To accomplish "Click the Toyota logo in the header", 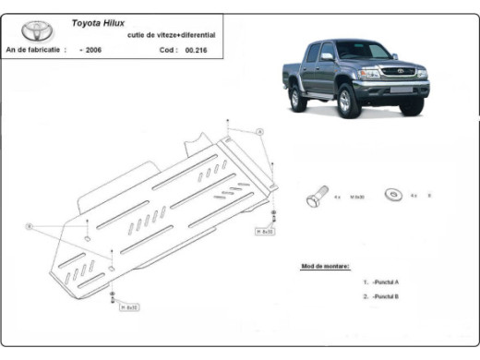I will pyautogui.click(x=33, y=30).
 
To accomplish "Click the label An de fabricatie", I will pyautogui.click(x=34, y=50).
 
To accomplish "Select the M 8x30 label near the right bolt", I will pyautogui.click(x=264, y=231).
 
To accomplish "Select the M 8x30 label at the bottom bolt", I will pyautogui.click(x=129, y=307).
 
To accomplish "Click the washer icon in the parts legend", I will pyautogui.click(x=395, y=196).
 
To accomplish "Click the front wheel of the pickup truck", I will pyautogui.click(x=350, y=102).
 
